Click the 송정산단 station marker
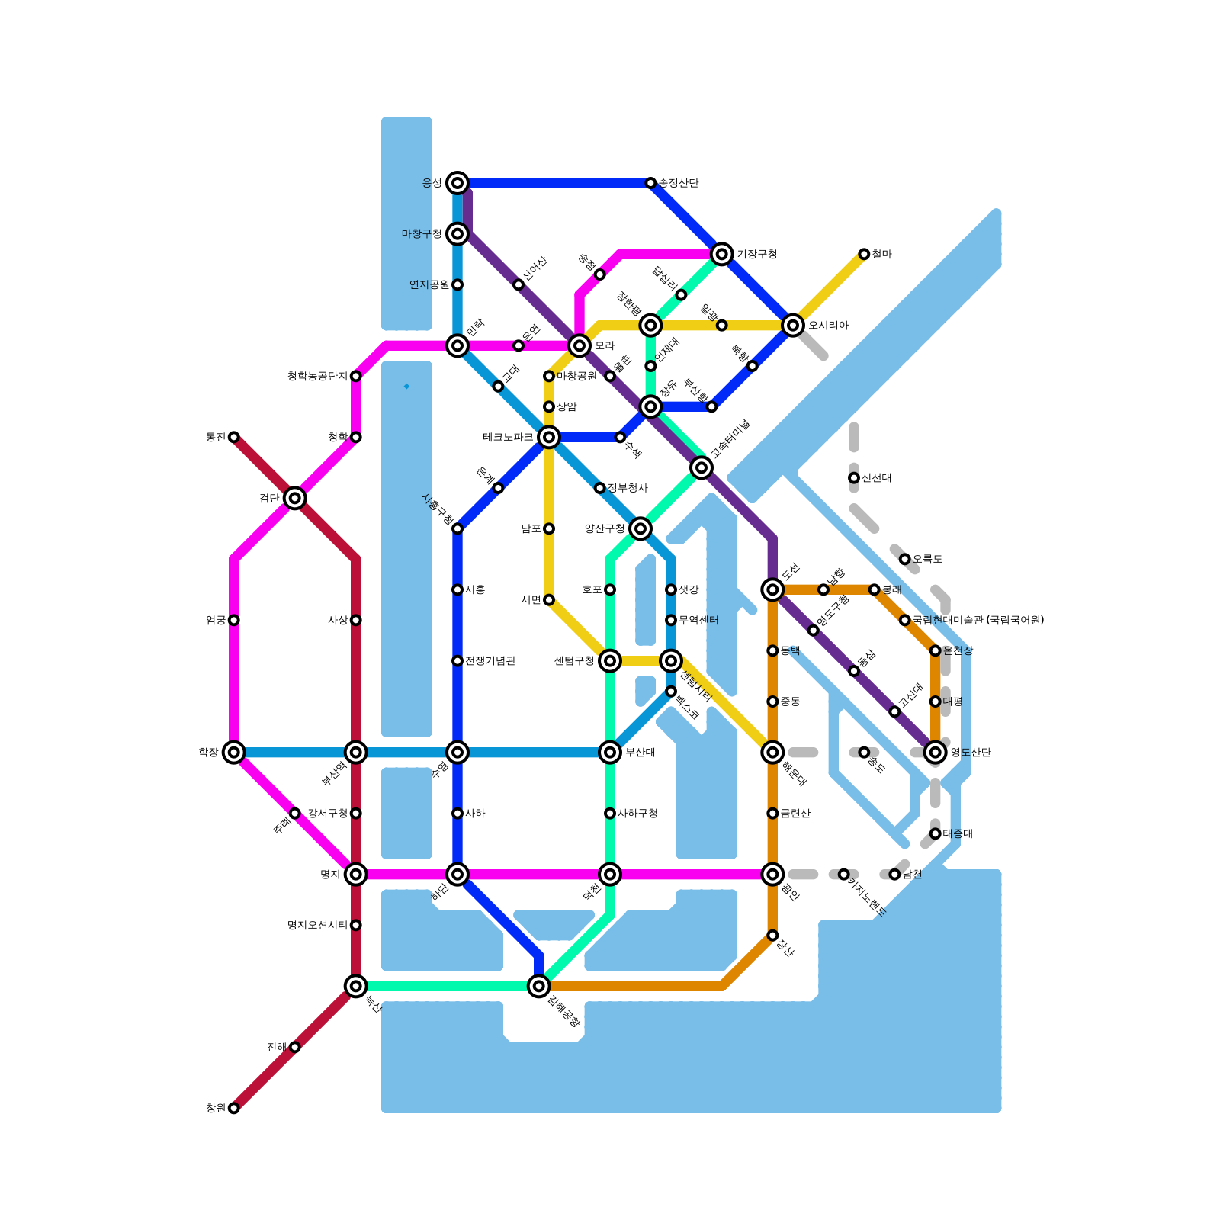(x=650, y=183)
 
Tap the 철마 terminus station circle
(x=864, y=254)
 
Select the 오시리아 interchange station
(x=793, y=326)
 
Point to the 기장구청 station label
(x=756, y=254)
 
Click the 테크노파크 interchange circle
(x=549, y=437)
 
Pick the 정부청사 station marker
(x=600, y=488)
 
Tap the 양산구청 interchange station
(x=640, y=528)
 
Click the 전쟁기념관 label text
(x=490, y=661)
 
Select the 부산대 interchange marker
(x=610, y=753)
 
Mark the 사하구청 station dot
(x=610, y=814)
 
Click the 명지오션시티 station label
(x=317, y=926)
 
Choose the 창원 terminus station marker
(x=234, y=1108)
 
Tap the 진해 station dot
(x=295, y=1047)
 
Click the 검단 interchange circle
(x=295, y=498)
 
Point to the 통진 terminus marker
(x=234, y=437)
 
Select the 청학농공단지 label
(x=317, y=376)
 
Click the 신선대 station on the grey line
(x=854, y=478)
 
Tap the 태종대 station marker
(x=936, y=833)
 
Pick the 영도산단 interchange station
(x=936, y=753)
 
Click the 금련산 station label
(x=795, y=814)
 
